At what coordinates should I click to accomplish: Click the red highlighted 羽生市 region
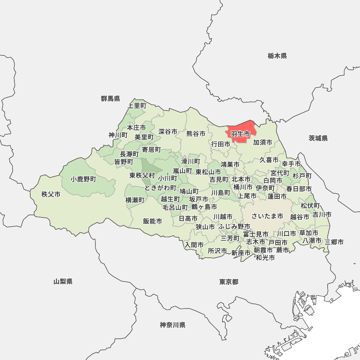click(x=240, y=134)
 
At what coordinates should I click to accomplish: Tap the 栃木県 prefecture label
click(x=277, y=56)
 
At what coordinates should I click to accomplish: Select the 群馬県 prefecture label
click(x=111, y=99)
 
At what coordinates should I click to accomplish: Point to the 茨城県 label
click(x=318, y=138)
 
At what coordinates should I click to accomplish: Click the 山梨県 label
click(x=63, y=282)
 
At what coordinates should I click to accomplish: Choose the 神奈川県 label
click(x=173, y=325)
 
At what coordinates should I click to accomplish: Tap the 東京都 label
click(x=229, y=282)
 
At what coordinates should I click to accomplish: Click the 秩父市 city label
click(x=51, y=194)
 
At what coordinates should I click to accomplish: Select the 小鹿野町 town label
click(x=84, y=179)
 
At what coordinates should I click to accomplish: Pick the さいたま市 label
click(x=267, y=216)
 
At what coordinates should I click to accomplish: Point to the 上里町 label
click(x=137, y=106)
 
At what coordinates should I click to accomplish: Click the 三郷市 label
click(x=334, y=242)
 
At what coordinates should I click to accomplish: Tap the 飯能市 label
click(x=152, y=221)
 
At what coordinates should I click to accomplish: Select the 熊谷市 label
click(x=196, y=134)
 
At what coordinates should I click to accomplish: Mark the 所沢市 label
click(x=217, y=251)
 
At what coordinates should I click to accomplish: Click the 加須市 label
click(x=262, y=142)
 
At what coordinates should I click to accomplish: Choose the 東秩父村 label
click(x=142, y=175)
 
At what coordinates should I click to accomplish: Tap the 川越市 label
click(x=223, y=217)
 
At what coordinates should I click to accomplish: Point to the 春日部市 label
click(x=299, y=189)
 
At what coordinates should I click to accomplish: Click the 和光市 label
click(x=265, y=258)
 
